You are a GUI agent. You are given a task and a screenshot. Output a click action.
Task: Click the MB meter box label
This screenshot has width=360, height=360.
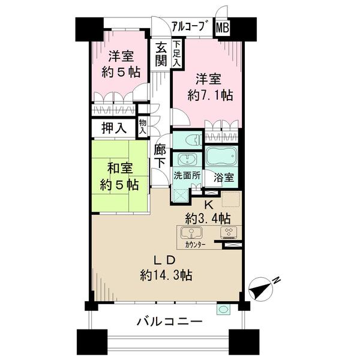pyautogui.click(x=222, y=28)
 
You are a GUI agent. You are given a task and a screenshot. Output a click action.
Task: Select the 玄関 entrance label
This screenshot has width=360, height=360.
pyautogui.click(x=161, y=55)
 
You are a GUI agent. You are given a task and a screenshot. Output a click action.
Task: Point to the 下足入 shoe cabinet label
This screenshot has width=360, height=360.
pyautogui.click(x=177, y=54)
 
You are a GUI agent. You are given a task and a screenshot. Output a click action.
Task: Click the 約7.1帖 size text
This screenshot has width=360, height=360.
pyautogui.click(x=211, y=95)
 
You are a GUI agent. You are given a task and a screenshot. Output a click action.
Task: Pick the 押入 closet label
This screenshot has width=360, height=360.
pyautogui.click(x=114, y=128)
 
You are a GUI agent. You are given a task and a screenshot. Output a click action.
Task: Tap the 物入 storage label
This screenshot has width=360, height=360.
pyautogui.click(x=143, y=127)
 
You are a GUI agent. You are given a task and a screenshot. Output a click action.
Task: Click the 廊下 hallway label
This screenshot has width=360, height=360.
pyautogui.click(x=160, y=156)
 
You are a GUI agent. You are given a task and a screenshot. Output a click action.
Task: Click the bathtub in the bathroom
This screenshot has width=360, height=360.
pyautogui.click(x=221, y=156)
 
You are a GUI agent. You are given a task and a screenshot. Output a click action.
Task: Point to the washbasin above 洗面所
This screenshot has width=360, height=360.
pyautogui.click(x=187, y=159)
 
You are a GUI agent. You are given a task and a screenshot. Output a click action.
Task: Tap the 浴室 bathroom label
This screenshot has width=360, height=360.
pyautogui.click(x=224, y=178)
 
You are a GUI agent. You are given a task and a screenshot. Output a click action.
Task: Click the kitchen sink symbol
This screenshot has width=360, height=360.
pyautogui.click(x=191, y=233)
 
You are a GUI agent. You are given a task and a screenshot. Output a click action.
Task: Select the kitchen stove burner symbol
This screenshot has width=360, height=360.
pyautogui.click(x=229, y=233)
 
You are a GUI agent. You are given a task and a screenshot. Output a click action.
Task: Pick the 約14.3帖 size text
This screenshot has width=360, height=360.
pyautogui.click(x=166, y=275)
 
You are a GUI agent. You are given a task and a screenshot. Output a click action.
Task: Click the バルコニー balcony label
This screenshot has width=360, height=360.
pyautogui.click(x=169, y=322)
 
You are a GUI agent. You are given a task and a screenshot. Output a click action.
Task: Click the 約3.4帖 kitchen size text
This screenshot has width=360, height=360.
pyautogui.click(x=208, y=219)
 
